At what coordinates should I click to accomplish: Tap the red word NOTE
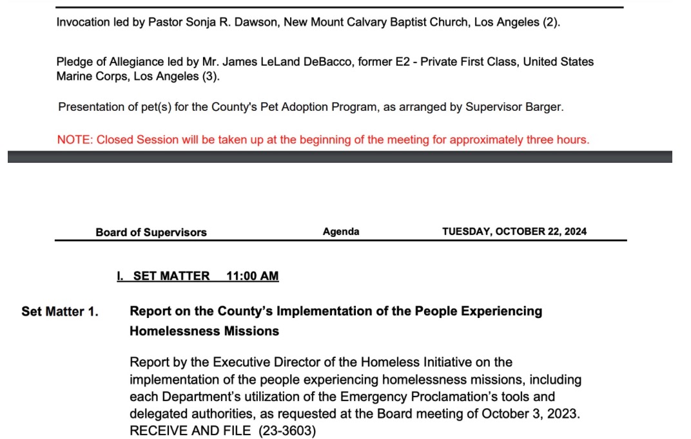pos(73,140)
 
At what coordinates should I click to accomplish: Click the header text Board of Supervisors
pos(151,232)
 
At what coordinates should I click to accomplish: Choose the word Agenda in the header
pos(341,232)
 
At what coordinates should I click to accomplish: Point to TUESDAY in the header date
pos(466,232)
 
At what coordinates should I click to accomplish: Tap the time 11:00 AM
pos(253,276)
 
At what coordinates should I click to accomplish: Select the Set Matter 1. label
pos(60,312)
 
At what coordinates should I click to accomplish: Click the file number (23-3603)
pos(287,431)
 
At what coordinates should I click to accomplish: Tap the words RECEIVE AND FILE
pos(190,431)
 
